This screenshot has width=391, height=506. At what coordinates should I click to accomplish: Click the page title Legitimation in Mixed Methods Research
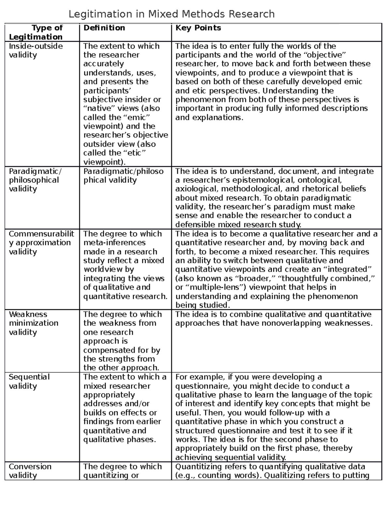pos(171,14)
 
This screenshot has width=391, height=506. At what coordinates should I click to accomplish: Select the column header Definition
pos(104,28)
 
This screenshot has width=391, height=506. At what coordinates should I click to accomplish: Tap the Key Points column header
pos(198,28)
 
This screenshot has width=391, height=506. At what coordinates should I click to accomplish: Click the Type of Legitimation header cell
pos(36,32)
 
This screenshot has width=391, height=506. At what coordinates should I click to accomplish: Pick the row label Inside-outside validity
pos(36,51)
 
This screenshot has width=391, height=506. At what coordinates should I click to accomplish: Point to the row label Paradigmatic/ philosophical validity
pos(34,180)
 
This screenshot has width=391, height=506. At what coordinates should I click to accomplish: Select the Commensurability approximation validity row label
pos(41,242)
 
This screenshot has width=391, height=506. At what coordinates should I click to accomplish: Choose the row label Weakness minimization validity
pos(34,323)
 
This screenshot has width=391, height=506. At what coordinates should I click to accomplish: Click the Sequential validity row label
pos(29,381)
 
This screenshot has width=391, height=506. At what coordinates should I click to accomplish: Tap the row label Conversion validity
pos(30,471)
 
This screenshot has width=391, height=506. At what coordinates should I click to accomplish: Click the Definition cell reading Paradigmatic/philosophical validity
pos(123,176)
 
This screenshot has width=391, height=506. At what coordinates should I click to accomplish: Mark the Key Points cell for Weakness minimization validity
pos(273,319)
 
